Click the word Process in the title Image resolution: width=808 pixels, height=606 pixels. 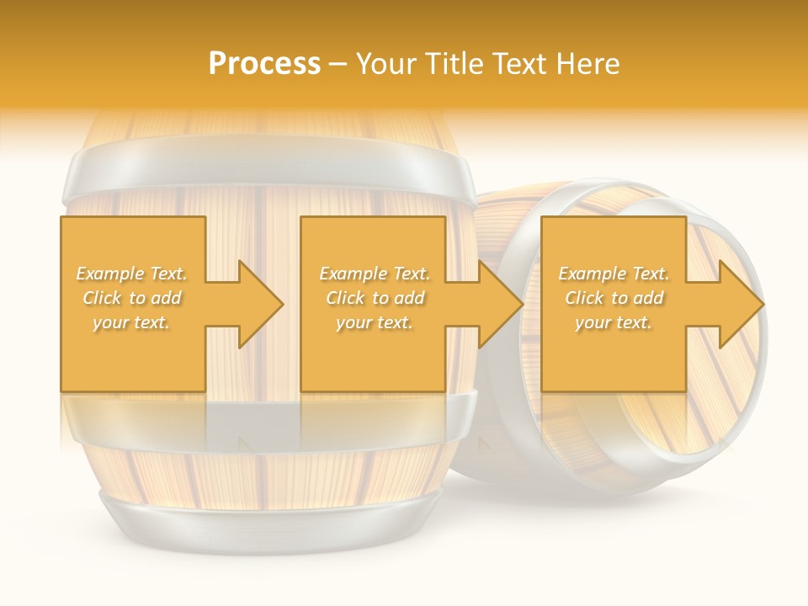[264, 63]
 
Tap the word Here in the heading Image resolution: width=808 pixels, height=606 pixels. [590, 63]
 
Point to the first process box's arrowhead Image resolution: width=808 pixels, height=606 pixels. [257, 304]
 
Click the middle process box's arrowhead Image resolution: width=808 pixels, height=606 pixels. [497, 304]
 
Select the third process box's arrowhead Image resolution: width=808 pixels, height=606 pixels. [738, 304]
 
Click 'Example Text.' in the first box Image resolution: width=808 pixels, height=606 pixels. [131, 274]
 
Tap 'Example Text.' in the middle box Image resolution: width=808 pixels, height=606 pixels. [374, 274]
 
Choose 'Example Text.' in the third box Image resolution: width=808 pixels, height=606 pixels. [614, 274]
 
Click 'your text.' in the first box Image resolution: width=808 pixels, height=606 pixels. [131, 322]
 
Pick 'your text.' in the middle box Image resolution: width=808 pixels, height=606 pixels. [374, 322]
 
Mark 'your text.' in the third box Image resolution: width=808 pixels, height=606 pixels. [614, 322]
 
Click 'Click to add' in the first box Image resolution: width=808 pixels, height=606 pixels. [131, 298]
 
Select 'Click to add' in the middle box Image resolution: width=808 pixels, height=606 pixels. [374, 298]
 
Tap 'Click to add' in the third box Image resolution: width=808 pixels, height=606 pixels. [614, 298]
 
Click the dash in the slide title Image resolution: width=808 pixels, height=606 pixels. [338, 64]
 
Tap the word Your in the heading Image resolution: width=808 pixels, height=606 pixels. [385, 63]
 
